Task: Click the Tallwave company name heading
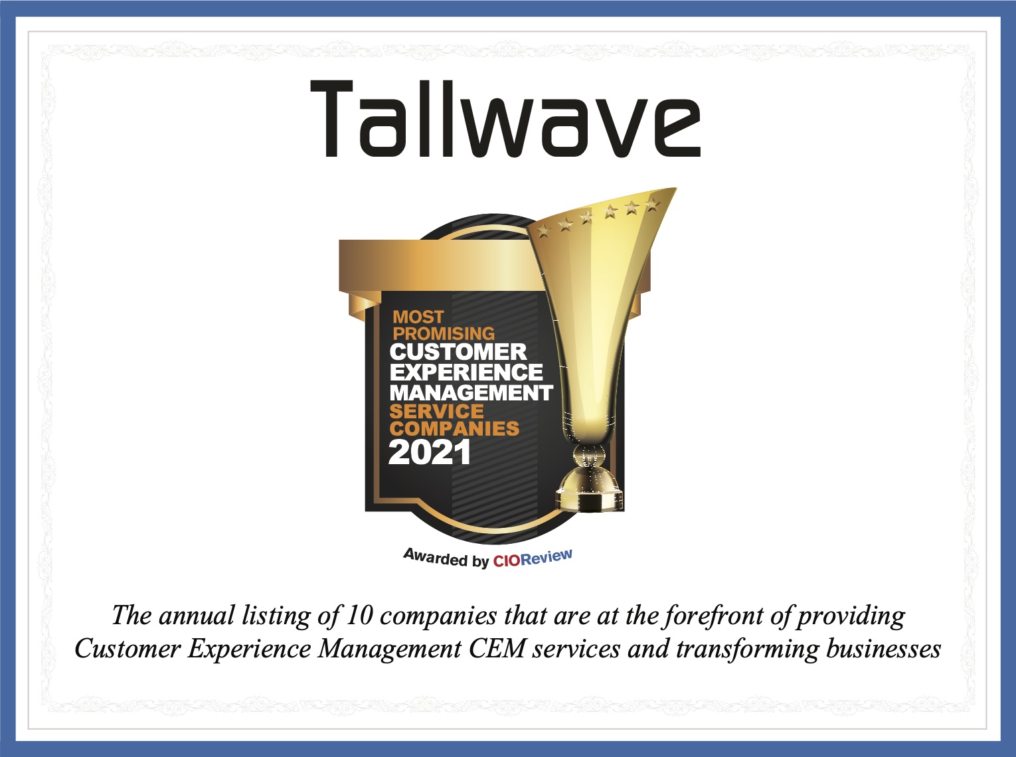pyautogui.click(x=505, y=119)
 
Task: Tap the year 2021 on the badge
pyautogui.click(x=429, y=453)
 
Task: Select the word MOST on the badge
pyautogui.click(x=418, y=317)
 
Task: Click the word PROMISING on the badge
pyautogui.click(x=444, y=333)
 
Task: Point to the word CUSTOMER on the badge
pyautogui.click(x=458, y=352)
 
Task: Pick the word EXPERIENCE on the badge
pyautogui.click(x=466, y=372)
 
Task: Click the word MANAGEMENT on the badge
pyautogui.click(x=471, y=392)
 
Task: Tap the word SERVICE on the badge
pyautogui.click(x=436, y=412)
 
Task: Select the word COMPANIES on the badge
pyautogui.click(x=454, y=429)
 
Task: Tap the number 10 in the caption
pyautogui.click(x=360, y=615)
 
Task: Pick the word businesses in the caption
pyautogui.click(x=883, y=648)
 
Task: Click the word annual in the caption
pyautogui.click(x=197, y=616)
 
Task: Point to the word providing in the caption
pyautogui.click(x=851, y=616)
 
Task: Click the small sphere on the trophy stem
pyautogui.click(x=589, y=456)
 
